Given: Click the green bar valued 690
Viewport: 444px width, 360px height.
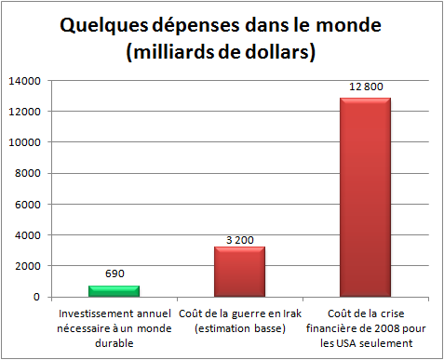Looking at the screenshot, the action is click(x=114, y=291).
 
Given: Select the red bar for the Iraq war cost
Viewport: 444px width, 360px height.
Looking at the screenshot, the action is click(x=239, y=272).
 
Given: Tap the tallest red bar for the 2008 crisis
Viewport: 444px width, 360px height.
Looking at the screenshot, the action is click(x=365, y=197).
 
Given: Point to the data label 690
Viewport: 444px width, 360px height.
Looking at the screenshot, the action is click(x=114, y=273).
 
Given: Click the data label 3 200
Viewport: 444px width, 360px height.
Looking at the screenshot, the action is click(x=240, y=240).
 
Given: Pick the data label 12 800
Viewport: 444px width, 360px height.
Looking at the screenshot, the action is click(x=366, y=87).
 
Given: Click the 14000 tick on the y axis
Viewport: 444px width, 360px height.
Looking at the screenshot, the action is click(x=25, y=81).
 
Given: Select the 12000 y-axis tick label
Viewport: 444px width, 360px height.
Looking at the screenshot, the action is click(x=25, y=112).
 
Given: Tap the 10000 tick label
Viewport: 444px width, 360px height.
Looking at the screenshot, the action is click(x=25, y=142).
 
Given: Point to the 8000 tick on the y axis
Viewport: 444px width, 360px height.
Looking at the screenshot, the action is click(x=28, y=173).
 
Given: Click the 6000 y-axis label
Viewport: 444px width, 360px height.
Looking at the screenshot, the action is click(x=28, y=205).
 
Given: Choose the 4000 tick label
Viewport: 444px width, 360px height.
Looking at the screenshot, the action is click(x=28, y=235).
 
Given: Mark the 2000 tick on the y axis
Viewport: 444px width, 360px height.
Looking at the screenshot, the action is click(x=28, y=266).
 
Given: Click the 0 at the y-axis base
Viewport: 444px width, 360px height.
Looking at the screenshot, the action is click(x=37, y=297).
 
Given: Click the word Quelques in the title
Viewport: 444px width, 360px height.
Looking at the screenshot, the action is click(x=104, y=26).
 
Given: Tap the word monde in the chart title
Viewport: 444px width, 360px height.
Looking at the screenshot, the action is click(x=349, y=25).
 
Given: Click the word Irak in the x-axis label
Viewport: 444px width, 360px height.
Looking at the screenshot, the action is click(x=292, y=313).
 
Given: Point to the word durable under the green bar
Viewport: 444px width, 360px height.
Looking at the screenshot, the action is click(x=114, y=343).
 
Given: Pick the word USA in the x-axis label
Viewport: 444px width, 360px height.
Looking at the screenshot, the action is click(x=344, y=343).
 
